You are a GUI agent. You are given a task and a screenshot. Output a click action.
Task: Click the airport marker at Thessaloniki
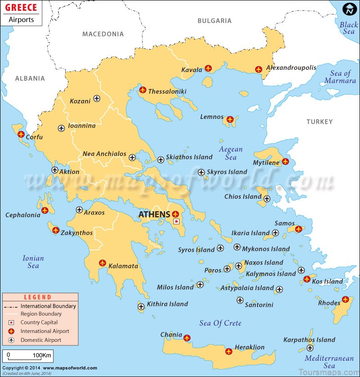click(143, 90)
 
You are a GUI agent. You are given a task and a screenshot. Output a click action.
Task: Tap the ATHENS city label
click(154, 214)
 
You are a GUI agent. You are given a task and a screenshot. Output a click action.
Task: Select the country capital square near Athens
click(176, 222)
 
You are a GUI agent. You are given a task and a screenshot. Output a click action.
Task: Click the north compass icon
click(349, 9)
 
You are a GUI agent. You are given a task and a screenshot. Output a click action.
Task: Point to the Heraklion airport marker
click(229, 351)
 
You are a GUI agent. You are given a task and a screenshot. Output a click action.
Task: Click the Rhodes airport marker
click(345, 300)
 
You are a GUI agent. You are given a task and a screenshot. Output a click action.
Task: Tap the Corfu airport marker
click(21, 134)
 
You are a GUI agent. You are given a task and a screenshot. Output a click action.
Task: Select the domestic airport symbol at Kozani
click(97, 99)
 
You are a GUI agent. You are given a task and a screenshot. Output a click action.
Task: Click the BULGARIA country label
click(214, 21)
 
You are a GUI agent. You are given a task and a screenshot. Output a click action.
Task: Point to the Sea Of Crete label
click(220, 323)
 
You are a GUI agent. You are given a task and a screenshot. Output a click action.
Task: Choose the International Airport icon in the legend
click(12, 331)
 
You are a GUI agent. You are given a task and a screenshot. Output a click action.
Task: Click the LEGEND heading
click(38, 297)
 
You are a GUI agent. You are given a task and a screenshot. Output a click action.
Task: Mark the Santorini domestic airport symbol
click(240, 300)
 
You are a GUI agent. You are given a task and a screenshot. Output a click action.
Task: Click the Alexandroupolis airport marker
click(258, 69)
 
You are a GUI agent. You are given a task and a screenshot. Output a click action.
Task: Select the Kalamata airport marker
click(102, 263)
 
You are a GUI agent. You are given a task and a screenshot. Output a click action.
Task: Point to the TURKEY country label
click(319, 122)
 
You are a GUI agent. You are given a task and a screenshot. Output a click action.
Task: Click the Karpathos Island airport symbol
click(310, 348)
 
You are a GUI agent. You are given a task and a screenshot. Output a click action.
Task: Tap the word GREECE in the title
click(21, 8)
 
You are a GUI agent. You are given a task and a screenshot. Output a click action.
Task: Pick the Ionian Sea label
click(33, 262)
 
